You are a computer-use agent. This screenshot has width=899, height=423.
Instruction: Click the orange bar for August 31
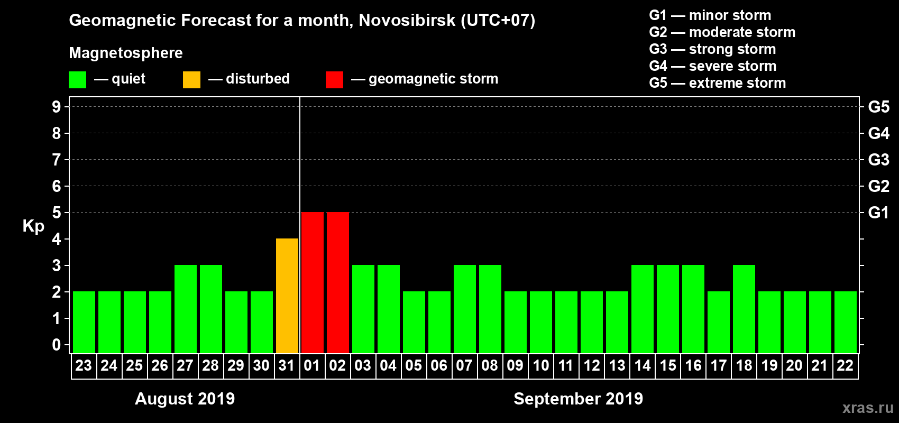(287, 296)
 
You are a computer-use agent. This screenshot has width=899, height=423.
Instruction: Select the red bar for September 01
(313, 282)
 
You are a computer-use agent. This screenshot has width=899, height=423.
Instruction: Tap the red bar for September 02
(338, 282)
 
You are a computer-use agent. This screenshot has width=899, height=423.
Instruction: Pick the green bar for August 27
(186, 309)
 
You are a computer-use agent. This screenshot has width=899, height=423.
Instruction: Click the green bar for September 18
(744, 309)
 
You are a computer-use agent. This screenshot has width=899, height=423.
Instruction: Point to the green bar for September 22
(846, 322)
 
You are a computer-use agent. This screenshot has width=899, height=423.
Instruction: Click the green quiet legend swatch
(78, 80)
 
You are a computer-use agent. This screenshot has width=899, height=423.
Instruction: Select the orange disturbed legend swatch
(192, 80)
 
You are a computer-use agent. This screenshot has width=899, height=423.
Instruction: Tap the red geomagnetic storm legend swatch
(334, 80)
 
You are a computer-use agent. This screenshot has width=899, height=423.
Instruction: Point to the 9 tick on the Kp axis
(57, 107)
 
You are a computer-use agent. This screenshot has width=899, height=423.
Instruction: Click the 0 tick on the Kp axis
(57, 345)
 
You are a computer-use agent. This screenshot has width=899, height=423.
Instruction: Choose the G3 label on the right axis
(878, 160)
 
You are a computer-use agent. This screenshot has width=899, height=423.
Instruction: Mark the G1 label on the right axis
(878, 213)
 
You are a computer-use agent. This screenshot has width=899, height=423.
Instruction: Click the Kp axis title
(33, 226)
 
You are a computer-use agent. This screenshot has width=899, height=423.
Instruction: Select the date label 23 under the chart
(84, 365)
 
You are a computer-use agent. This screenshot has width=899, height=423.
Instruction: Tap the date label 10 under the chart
(540, 365)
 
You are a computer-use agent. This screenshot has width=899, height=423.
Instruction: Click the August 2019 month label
(185, 399)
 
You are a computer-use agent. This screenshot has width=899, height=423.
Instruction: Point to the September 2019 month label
(578, 399)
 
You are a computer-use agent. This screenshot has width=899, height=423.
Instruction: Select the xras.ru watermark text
(868, 408)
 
